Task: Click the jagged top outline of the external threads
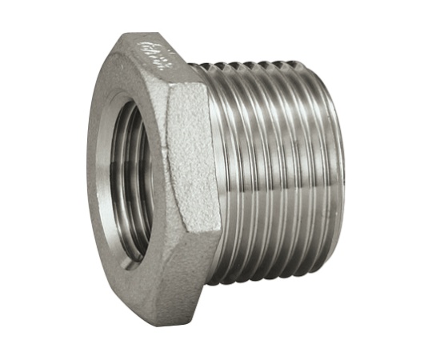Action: [x=264, y=61]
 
